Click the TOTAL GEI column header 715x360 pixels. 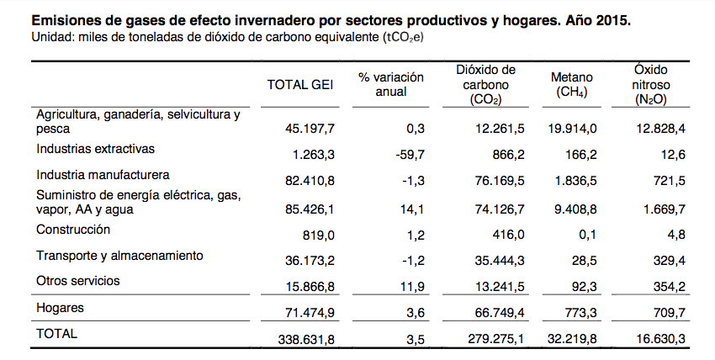coord(300,85)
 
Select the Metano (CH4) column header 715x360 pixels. coord(572,85)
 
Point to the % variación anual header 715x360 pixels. coord(391,84)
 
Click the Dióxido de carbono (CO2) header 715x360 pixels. coord(485,85)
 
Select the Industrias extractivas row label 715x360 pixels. coord(95,149)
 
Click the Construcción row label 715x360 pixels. coord(73,230)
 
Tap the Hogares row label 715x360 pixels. coord(60,308)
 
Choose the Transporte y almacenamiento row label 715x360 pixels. coord(119,256)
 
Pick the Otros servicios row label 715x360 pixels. coord(78,281)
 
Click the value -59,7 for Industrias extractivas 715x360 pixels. coord(410,155)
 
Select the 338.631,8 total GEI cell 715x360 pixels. coord(306,340)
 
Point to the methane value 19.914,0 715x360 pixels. coord(572,129)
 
